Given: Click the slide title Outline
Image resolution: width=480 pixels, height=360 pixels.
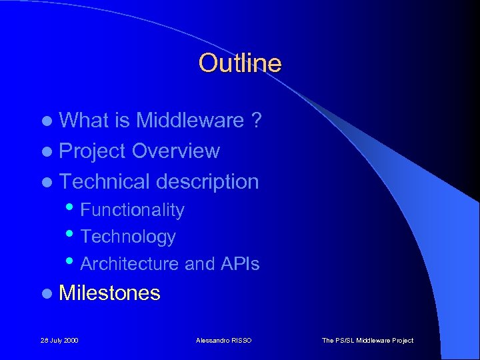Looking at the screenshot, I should (x=240, y=64).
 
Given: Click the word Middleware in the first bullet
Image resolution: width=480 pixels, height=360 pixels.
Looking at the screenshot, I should (x=190, y=121).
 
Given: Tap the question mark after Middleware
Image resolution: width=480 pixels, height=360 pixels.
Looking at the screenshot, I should (x=256, y=121).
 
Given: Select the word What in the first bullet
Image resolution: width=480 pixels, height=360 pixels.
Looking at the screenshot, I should (x=85, y=121).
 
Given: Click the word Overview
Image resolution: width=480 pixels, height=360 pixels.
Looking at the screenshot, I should (x=175, y=151).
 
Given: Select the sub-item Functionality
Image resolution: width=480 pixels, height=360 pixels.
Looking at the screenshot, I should (x=132, y=210).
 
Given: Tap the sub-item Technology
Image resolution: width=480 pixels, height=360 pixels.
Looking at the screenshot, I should (x=128, y=237).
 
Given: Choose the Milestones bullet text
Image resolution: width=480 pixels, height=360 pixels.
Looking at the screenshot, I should (x=110, y=293).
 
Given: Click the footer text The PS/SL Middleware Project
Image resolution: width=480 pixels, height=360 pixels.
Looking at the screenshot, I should (x=367, y=341).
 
